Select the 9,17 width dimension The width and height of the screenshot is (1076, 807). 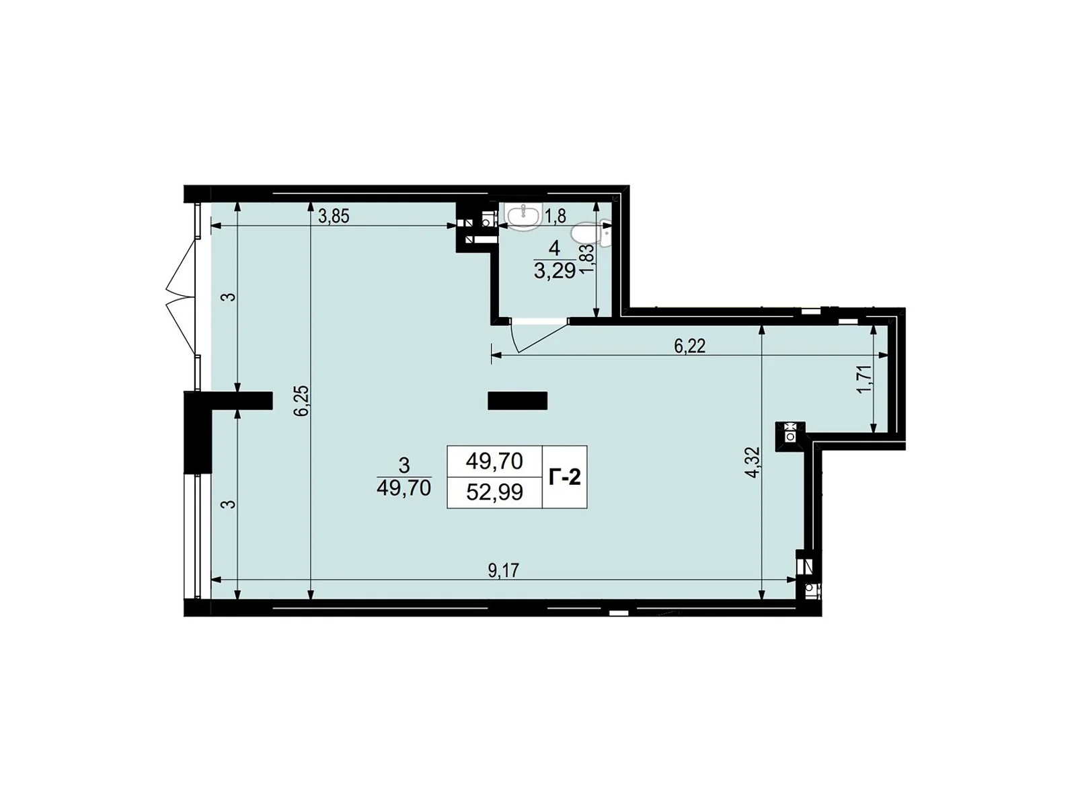[504, 570]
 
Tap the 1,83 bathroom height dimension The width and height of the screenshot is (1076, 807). [586, 258]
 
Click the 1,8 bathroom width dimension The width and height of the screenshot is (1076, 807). [555, 216]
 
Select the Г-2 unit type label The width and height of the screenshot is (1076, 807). [564, 477]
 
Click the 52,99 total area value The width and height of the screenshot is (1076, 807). [494, 493]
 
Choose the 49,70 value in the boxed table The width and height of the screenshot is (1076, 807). [494, 461]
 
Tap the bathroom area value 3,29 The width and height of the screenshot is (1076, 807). [554, 272]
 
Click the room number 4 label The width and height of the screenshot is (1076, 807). [554, 248]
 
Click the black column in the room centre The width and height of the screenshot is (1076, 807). [517, 401]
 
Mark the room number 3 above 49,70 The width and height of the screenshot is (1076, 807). [404, 464]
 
